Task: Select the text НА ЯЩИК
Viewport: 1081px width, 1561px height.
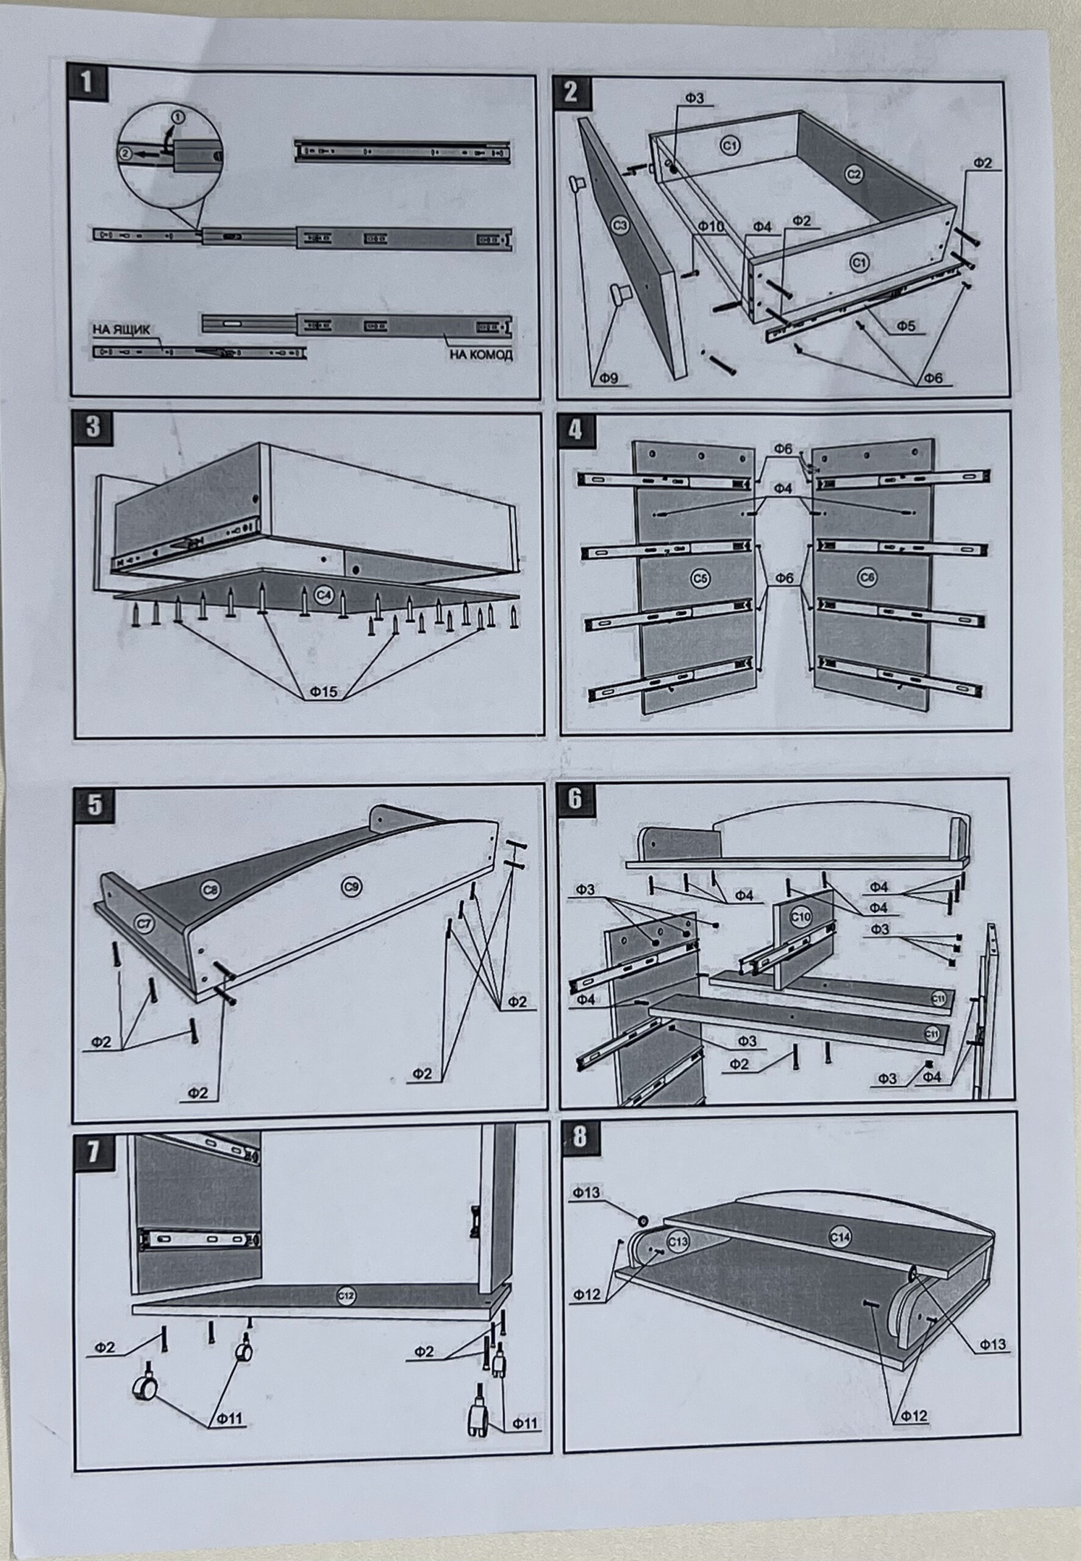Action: click(122, 330)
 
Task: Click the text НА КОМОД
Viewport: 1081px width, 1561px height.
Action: click(481, 354)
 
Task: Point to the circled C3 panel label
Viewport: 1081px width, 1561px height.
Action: click(619, 226)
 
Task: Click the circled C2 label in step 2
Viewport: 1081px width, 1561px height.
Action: click(854, 174)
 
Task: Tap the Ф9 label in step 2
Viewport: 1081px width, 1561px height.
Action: click(608, 379)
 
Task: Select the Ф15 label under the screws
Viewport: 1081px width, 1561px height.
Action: click(324, 691)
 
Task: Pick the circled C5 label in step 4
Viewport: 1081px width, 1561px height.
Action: click(701, 577)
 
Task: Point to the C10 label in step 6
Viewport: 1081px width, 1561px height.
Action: click(801, 916)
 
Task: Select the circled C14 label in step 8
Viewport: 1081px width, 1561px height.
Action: click(840, 1237)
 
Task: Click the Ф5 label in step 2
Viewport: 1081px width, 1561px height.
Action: click(906, 326)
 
